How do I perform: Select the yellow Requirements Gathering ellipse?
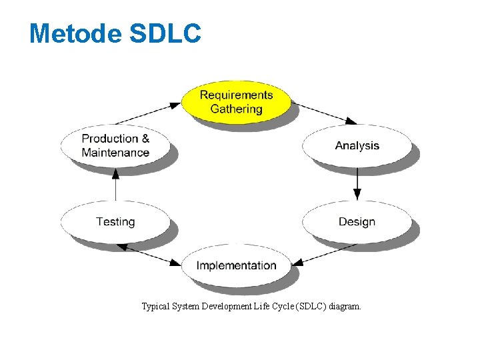click(x=236, y=101)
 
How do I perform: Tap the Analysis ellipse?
click(x=357, y=145)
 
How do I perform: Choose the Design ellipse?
click(x=357, y=221)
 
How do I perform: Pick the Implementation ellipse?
click(x=236, y=265)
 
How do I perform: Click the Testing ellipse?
click(x=115, y=221)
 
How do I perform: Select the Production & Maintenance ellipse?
click(x=115, y=145)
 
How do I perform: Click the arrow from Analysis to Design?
click(x=357, y=183)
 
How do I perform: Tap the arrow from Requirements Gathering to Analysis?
click(x=324, y=113)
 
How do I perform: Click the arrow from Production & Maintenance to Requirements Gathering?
click(x=148, y=113)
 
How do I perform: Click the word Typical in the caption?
click(x=155, y=307)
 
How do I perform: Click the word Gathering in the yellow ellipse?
click(x=236, y=109)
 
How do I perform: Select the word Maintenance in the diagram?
click(x=115, y=153)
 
